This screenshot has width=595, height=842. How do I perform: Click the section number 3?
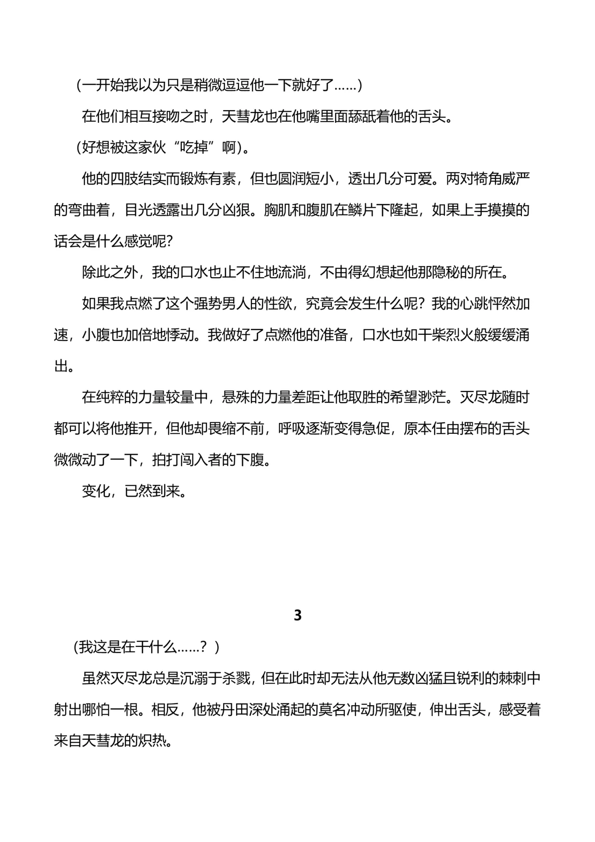[x=298, y=615]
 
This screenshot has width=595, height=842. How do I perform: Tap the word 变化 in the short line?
[x=96, y=491]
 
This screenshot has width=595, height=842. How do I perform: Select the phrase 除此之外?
[x=110, y=272]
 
